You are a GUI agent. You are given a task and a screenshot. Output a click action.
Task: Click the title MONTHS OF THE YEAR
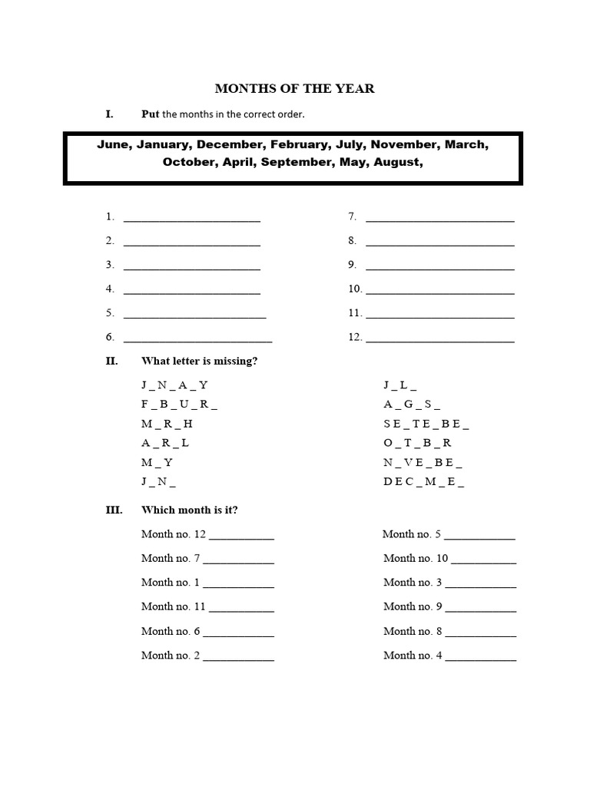pyautogui.click(x=294, y=88)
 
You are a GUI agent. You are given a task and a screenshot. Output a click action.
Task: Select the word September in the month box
pyautogui.click(x=296, y=162)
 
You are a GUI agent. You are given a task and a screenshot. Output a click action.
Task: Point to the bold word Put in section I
pyautogui.click(x=151, y=114)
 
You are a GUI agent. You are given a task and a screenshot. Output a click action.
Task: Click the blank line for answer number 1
pyautogui.click(x=191, y=219)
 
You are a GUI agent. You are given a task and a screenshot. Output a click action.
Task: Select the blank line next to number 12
pyautogui.click(x=439, y=339)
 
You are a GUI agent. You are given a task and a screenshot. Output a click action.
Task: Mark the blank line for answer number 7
pyautogui.click(x=439, y=219)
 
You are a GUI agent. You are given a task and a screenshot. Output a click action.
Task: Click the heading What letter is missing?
pyautogui.click(x=199, y=361)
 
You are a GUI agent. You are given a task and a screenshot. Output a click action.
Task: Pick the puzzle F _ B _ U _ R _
pyautogui.click(x=179, y=403)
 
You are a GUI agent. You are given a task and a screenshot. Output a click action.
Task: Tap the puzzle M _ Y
pyautogui.click(x=157, y=463)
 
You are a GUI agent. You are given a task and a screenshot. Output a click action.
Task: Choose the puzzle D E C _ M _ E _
pyautogui.click(x=424, y=483)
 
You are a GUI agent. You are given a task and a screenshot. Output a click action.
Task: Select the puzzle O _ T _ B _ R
pyautogui.click(x=418, y=443)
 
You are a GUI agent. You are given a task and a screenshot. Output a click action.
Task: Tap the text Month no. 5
pyautogui.click(x=412, y=534)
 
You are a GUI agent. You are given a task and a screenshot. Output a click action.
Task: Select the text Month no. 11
pyautogui.click(x=174, y=606)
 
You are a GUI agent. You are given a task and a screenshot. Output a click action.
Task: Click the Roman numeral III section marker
pyautogui.click(x=114, y=510)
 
